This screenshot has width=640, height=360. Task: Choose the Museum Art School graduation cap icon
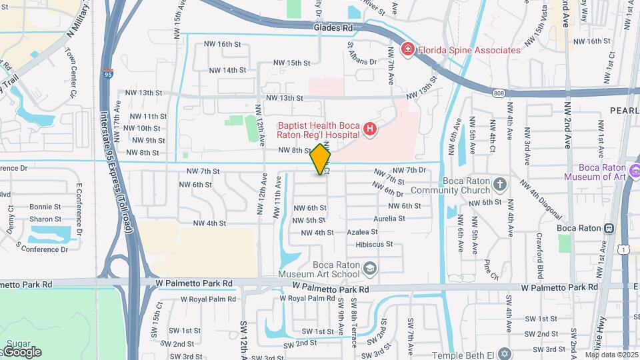click(x=371, y=269)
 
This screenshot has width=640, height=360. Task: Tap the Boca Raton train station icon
click(x=609, y=228)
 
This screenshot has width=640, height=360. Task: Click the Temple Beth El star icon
click(x=505, y=353)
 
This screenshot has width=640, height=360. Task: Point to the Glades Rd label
click(x=333, y=28)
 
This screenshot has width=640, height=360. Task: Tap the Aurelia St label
click(x=371, y=219)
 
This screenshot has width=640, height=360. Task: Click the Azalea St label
click(x=363, y=232)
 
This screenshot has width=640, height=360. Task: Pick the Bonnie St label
click(x=45, y=207)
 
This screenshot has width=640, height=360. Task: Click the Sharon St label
click(x=45, y=219)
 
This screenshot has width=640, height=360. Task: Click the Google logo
click(x=22, y=351)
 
